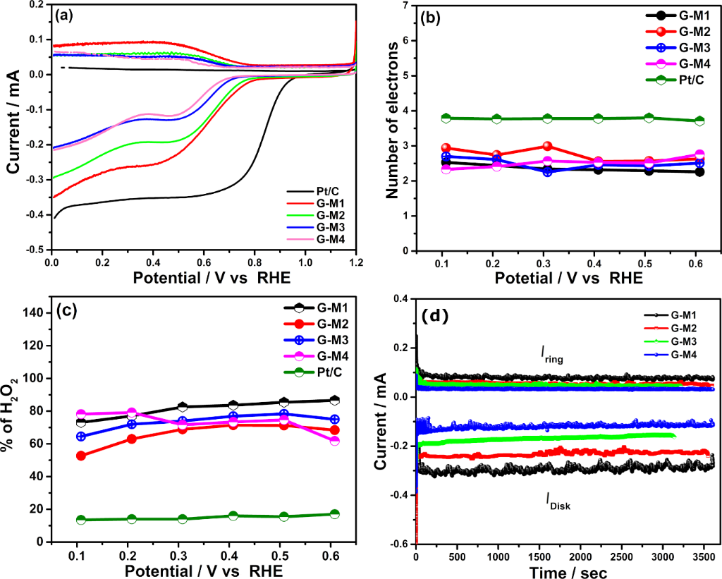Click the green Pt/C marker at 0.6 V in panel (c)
[335, 514]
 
